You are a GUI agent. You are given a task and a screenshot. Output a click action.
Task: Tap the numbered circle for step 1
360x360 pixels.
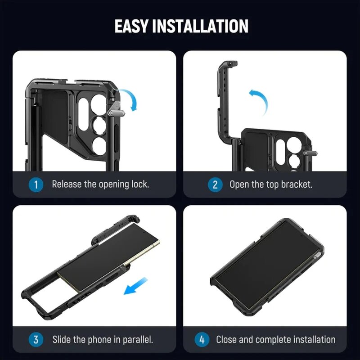pos(36,184)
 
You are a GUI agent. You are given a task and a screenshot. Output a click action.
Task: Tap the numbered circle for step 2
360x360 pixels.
pos(215,184)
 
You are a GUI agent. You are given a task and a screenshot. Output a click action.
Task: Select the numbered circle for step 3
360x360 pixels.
pos(36,339)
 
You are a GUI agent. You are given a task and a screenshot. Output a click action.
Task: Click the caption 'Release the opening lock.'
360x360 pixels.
pos(100,184)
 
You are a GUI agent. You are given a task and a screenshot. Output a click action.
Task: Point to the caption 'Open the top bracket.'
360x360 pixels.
pos(271,184)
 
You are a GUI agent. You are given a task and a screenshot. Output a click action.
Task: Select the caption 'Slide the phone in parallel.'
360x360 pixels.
pos(103,339)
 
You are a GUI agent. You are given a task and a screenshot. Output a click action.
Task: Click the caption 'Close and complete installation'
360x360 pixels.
pos(275,339)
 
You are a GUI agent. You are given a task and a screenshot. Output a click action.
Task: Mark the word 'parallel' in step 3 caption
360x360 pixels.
pos(138,339)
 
